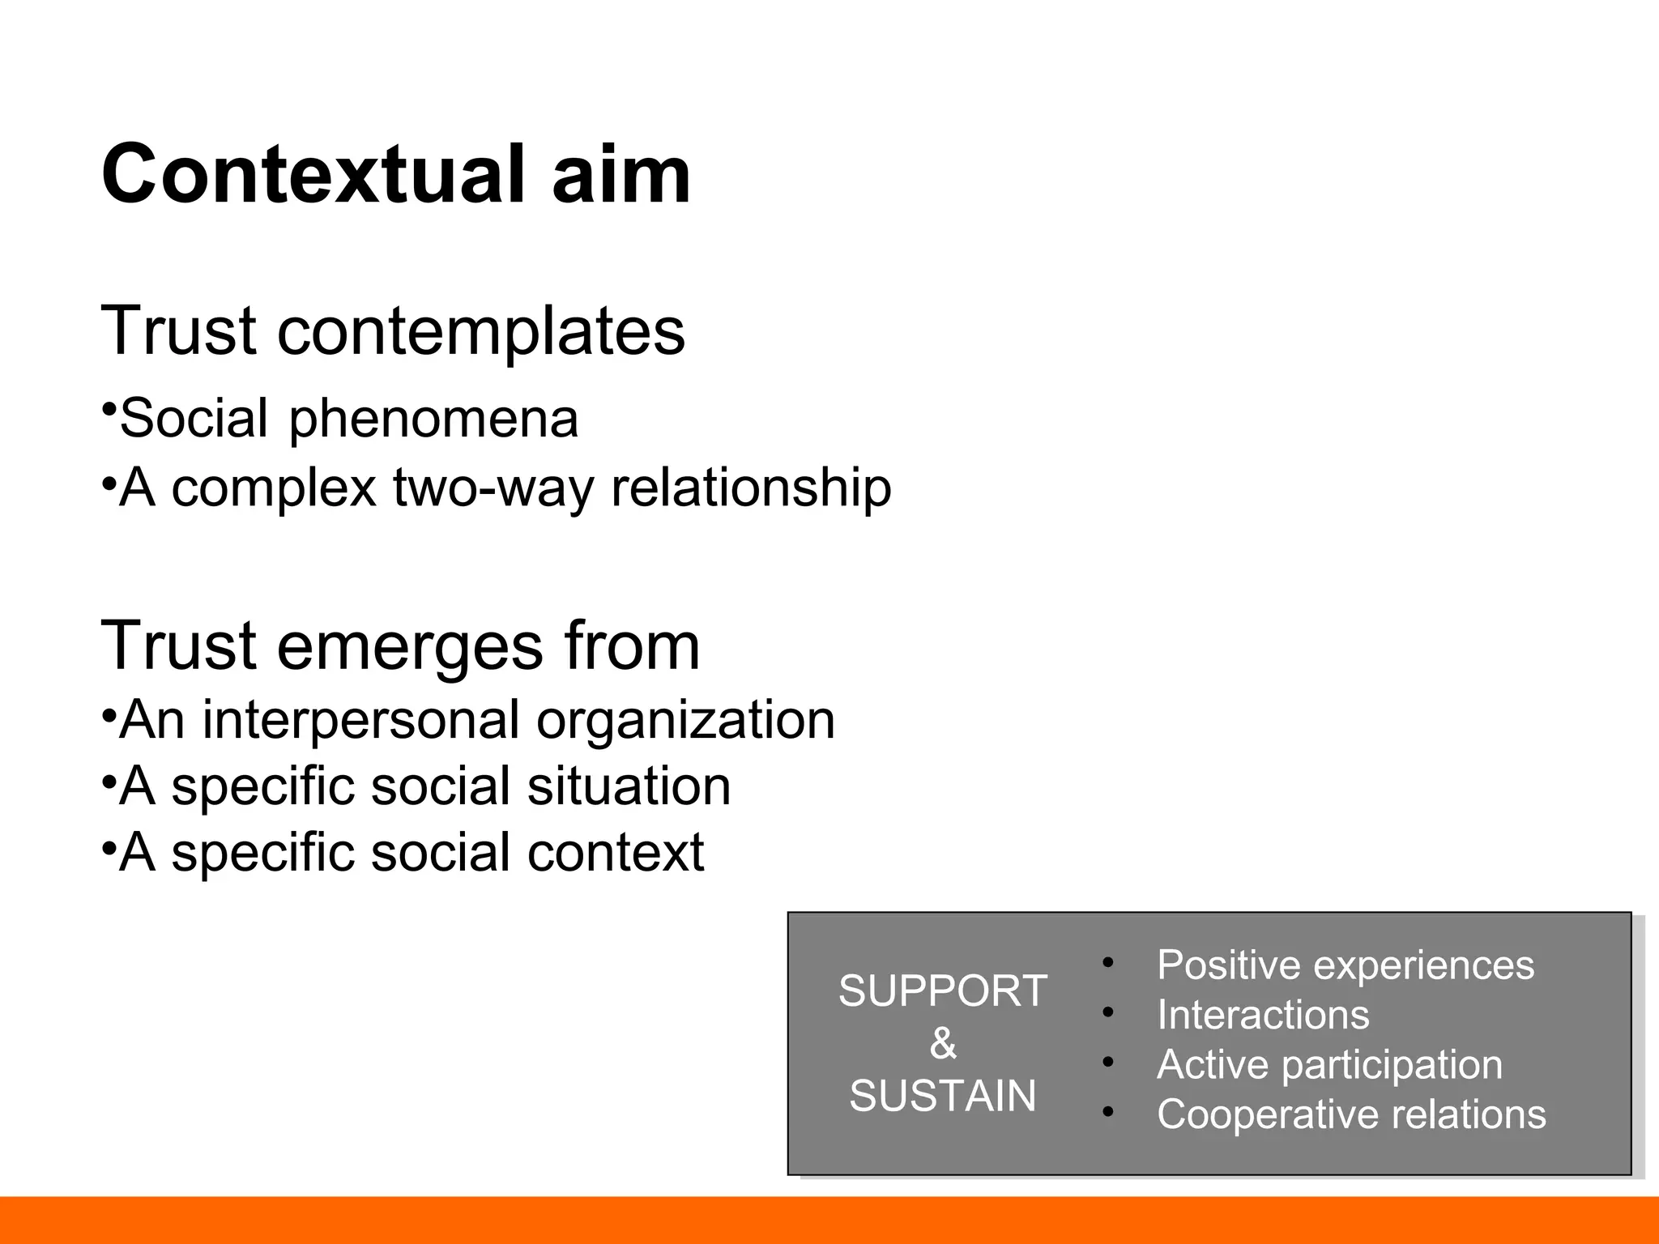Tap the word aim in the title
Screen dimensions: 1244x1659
(x=621, y=175)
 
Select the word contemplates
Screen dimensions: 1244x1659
(x=481, y=332)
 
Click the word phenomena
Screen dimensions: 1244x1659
(x=433, y=420)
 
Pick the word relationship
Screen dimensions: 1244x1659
(x=751, y=488)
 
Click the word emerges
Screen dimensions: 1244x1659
(x=410, y=646)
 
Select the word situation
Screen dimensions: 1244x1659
(x=629, y=786)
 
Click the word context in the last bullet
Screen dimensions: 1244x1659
(x=616, y=853)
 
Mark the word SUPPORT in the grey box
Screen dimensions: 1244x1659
(x=943, y=991)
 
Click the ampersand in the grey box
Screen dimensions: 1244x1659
(x=943, y=1043)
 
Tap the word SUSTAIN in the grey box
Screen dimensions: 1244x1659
(x=943, y=1096)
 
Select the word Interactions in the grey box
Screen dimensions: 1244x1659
(x=1263, y=1015)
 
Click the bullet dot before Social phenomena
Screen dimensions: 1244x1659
(x=108, y=407)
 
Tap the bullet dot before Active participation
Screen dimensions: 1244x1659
(x=1108, y=1063)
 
